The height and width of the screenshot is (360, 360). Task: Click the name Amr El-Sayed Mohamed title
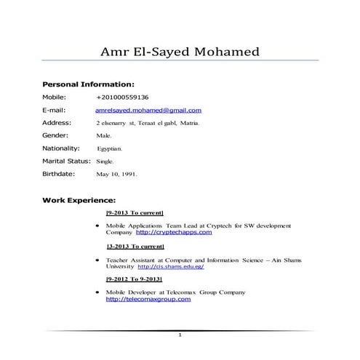[180, 52]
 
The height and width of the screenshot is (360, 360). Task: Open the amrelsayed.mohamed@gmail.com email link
[148, 111]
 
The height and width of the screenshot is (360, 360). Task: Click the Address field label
[57, 123]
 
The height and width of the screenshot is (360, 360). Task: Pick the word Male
[103, 136]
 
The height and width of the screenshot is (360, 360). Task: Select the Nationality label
[65, 148]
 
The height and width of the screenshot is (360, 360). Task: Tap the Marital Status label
[68, 161]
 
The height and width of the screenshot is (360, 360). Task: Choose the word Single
[105, 161]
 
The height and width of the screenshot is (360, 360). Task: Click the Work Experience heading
[79, 199]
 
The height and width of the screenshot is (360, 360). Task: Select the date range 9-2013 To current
[135, 213]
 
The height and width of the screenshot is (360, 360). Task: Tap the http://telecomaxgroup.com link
[143, 299]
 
